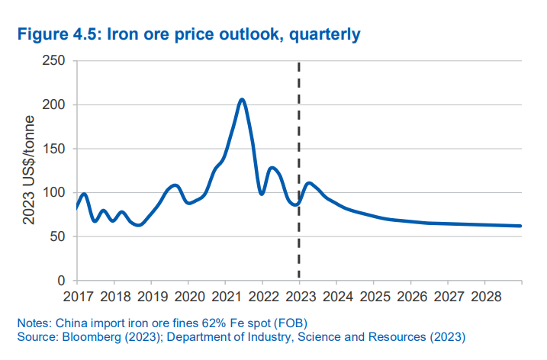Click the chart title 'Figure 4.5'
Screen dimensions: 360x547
pyautogui.click(x=56, y=34)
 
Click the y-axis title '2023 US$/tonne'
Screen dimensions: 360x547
pyautogui.click(x=29, y=171)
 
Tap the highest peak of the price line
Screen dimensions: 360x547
pyautogui.click(x=241, y=99)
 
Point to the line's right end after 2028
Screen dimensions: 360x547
pyautogui.click(x=521, y=226)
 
